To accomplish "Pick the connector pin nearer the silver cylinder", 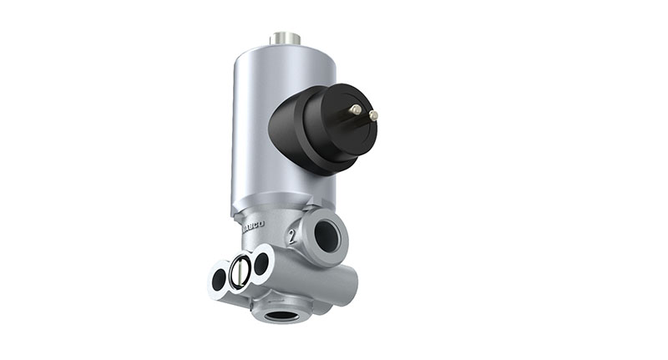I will tap(355, 109).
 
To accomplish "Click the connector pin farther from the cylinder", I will tap(372, 115).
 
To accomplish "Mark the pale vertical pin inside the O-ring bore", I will tap(240, 271).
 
